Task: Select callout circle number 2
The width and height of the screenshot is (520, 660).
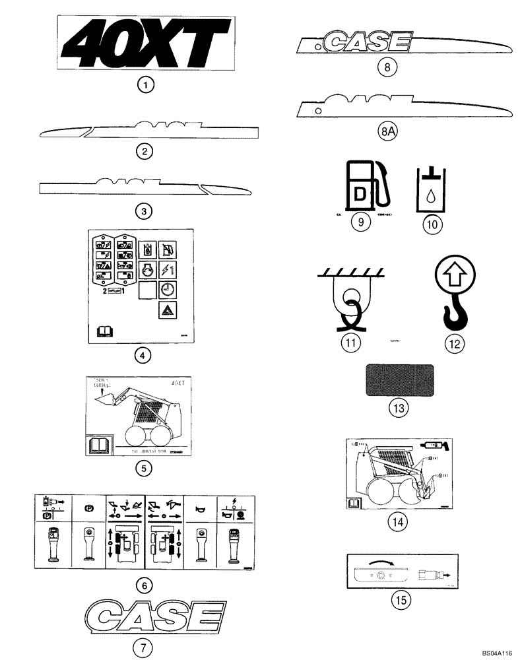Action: click(143, 151)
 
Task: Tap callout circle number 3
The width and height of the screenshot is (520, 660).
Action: click(143, 211)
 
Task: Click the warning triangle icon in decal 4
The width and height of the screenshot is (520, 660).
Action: click(168, 309)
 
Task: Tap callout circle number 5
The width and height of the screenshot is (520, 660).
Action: click(143, 469)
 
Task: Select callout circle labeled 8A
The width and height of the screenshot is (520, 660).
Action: click(389, 131)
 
